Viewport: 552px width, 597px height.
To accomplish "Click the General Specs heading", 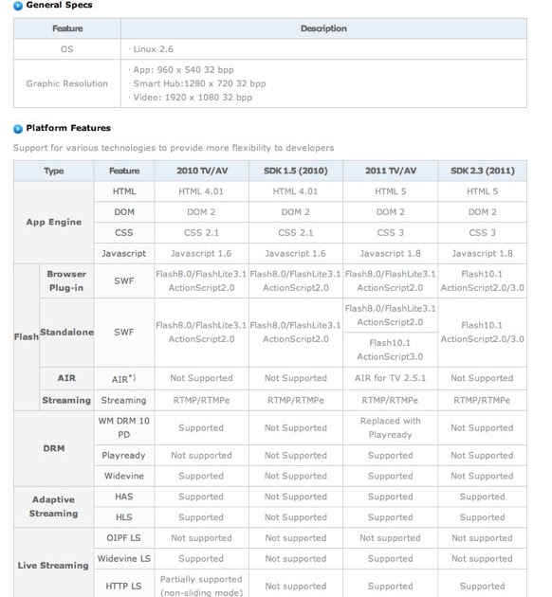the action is [x=58, y=6].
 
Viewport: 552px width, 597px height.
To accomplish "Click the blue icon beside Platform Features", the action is [x=18, y=128].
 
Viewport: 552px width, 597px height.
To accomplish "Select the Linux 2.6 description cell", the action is [x=155, y=47].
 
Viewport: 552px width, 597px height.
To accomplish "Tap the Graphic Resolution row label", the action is [x=67, y=83].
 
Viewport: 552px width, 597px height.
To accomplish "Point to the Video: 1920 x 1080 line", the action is [x=192, y=97].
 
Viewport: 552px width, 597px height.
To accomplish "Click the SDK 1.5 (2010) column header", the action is [x=296, y=171].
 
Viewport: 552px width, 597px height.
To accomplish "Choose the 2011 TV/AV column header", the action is [x=390, y=171].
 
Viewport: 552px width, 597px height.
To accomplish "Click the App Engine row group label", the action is [x=54, y=223].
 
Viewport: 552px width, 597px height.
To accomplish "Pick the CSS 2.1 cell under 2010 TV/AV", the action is [x=201, y=232].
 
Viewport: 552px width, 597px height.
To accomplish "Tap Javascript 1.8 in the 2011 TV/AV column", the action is [x=390, y=253].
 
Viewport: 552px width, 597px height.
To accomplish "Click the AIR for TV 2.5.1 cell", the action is [x=390, y=378].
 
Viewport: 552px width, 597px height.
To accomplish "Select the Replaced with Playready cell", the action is [x=390, y=427].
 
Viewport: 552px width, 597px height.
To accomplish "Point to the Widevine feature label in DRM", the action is [x=123, y=476].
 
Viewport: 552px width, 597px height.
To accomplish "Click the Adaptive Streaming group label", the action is [x=54, y=507].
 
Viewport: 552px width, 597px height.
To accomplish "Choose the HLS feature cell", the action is [x=123, y=517].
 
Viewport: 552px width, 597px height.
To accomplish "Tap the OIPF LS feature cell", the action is [x=123, y=538].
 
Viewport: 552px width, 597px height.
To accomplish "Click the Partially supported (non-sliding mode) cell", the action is [x=201, y=586].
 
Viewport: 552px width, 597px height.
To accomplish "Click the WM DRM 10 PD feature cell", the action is [x=123, y=427].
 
